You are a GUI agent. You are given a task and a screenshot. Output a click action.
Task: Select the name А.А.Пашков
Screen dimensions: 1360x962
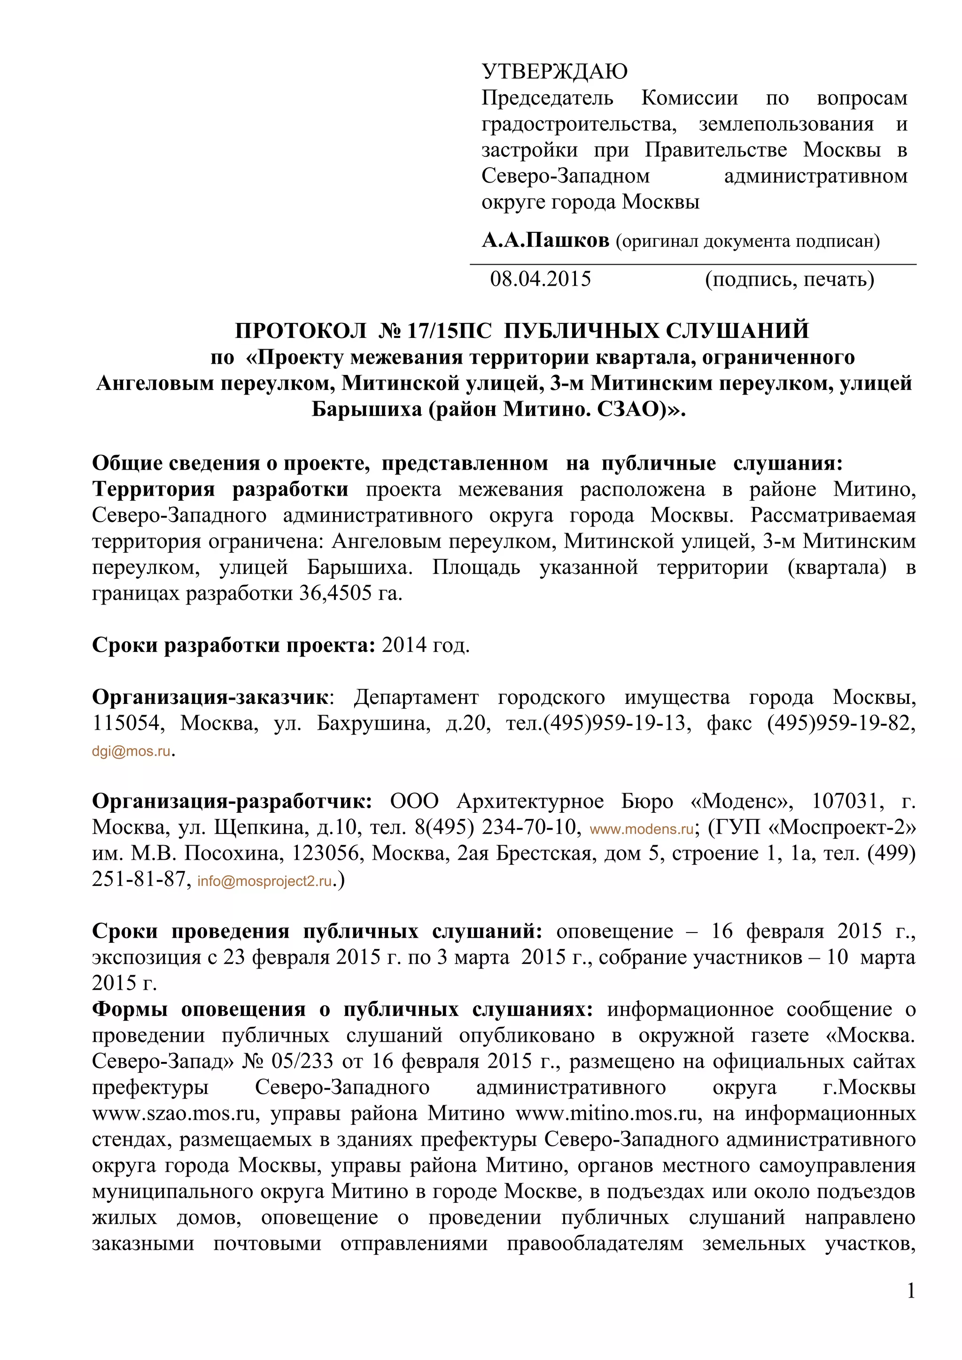pos(545,240)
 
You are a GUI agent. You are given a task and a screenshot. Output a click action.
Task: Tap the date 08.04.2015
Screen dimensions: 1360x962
pos(540,279)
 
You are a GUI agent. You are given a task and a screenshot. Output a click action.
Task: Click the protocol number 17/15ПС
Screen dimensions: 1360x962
pos(449,330)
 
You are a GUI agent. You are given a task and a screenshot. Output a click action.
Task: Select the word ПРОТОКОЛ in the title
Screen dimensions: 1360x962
pos(301,330)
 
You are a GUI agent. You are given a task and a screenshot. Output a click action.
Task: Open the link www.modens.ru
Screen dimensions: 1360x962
pos(641,829)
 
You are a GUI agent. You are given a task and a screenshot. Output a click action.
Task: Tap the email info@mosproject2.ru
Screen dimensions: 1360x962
pos(264,881)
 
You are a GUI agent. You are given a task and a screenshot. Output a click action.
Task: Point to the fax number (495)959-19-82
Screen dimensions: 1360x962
pos(841,723)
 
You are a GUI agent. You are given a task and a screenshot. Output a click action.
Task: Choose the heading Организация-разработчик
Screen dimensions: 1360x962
pos(232,802)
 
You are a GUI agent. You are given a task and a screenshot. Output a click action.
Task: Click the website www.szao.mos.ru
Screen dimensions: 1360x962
pos(176,1113)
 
